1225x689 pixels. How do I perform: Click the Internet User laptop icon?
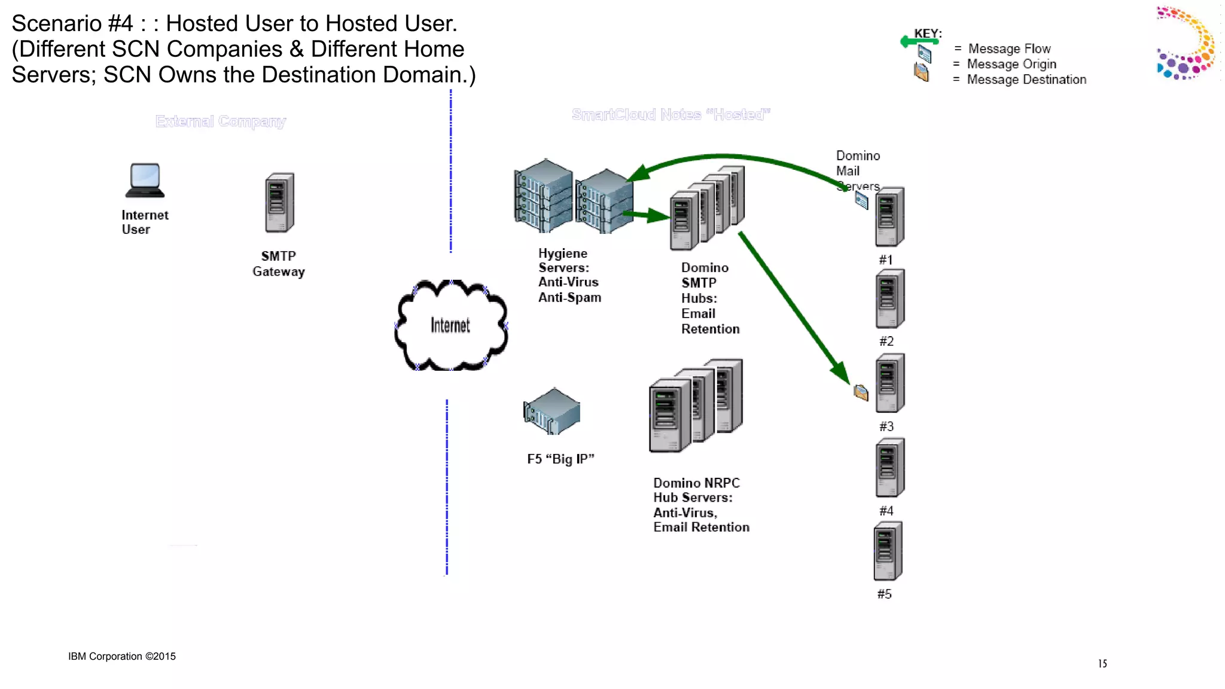pos(145,180)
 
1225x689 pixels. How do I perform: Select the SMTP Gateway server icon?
pos(279,203)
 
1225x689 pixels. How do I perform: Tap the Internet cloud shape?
pos(450,325)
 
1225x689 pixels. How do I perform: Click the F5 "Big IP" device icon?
pos(552,411)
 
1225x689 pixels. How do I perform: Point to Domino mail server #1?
pos(889,217)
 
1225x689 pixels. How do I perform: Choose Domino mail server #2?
pos(889,298)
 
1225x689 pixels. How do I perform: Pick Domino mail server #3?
pos(889,383)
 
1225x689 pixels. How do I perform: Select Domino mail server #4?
pos(889,467)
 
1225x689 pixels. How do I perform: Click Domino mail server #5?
pos(888,551)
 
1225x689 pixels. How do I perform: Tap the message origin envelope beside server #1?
pos(861,200)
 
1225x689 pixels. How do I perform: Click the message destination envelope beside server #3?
pos(861,392)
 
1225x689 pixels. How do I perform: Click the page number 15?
pos(1102,663)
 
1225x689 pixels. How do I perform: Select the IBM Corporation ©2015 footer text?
pos(122,656)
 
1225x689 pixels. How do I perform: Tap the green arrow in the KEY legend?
pos(919,41)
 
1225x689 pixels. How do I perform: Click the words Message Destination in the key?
pos(1026,80)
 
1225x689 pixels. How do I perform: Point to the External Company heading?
pos(221,121)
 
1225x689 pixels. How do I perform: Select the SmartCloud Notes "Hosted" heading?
pos(671,114)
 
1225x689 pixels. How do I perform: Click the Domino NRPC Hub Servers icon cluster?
pos(696,406)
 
